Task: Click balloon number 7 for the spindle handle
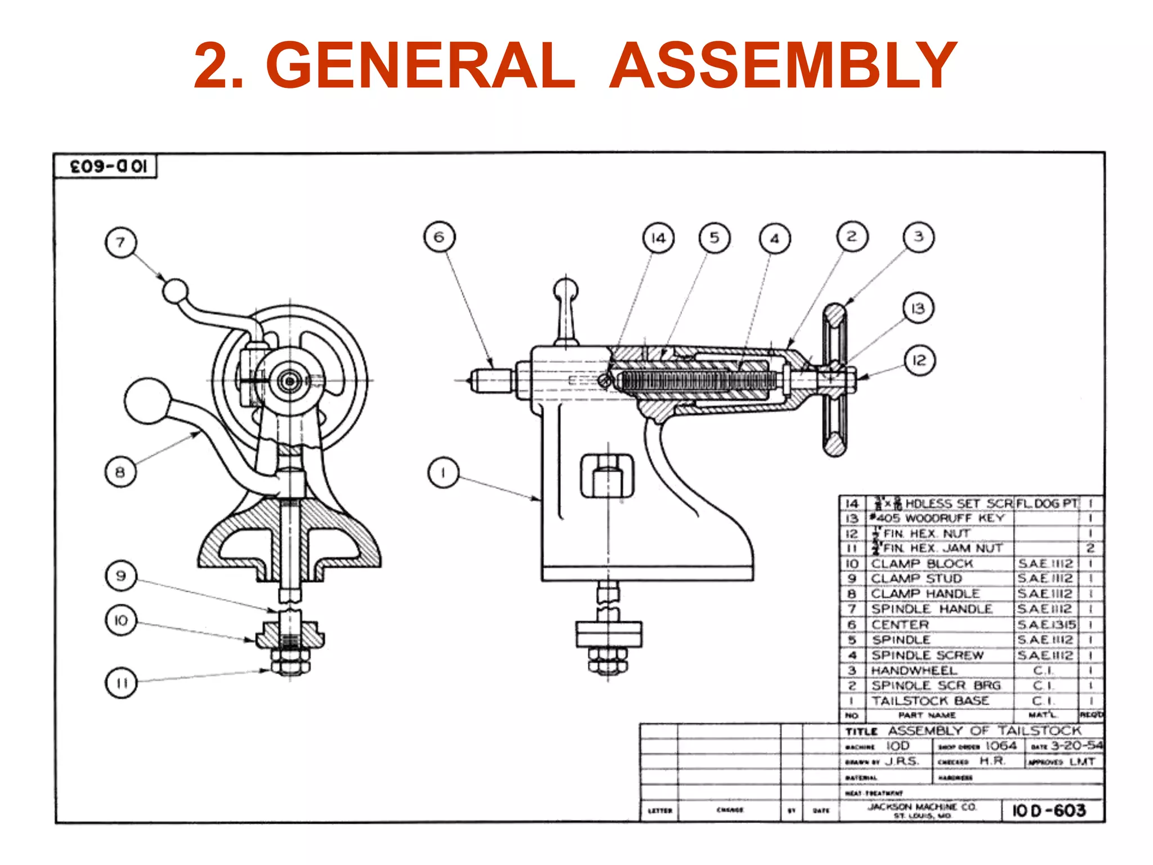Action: click(x=120, y=243)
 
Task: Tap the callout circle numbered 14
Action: click(x=658, y=238)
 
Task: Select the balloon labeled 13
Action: click(x=918, y=309)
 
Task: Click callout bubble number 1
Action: click(x=443, y=472)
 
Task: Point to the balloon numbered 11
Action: click(x=121, y=683)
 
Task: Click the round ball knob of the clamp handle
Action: click(x=147, y=401)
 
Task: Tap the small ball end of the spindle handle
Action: click(x=175, y=291)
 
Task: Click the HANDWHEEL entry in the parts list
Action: click(x=914, y=671)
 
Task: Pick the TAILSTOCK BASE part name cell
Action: click(x=930, y=701)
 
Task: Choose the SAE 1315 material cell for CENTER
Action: click(x=1046, y=625)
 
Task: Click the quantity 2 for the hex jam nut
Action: click(x=1090, y=548)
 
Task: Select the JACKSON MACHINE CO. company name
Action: click(x=922, y=807)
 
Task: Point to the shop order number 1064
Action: click(x=1000, y=746)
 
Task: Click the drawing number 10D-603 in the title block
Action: click(x=1049, y=810)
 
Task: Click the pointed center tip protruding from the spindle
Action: click(x=483, y=380)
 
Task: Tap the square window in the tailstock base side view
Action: click(x=607, y=476)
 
